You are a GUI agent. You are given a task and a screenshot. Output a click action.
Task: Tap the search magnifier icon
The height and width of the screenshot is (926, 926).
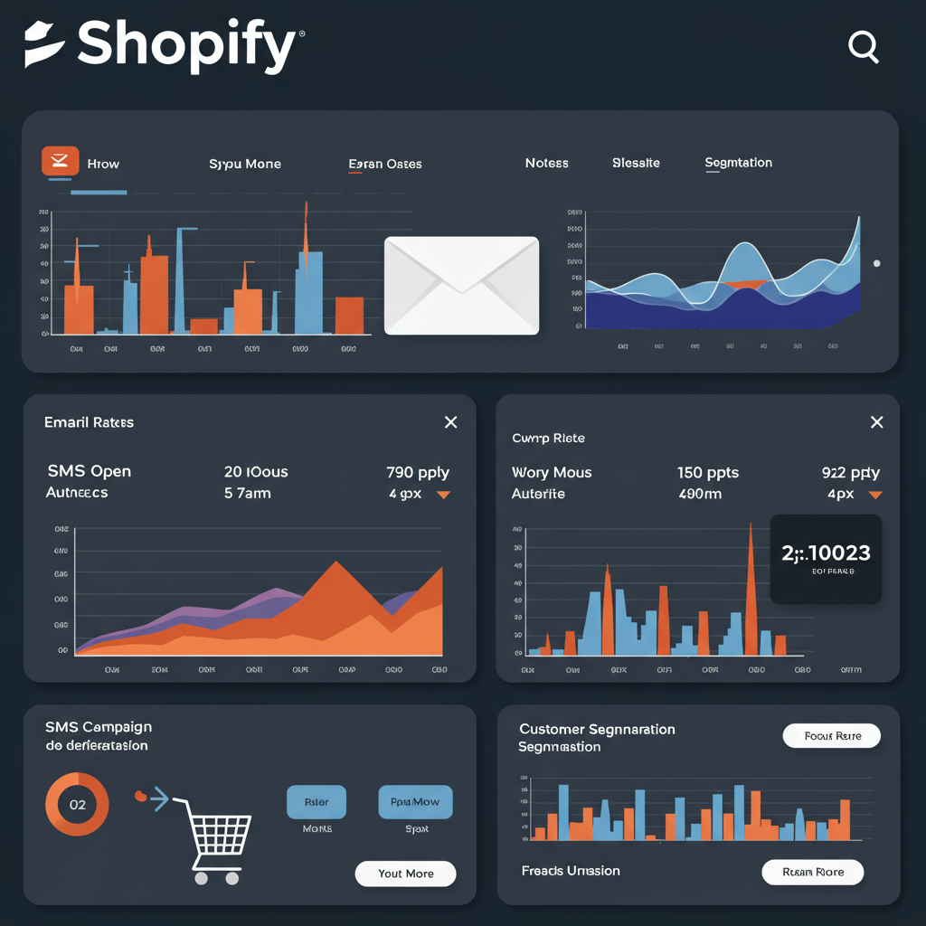[x=864, y=47]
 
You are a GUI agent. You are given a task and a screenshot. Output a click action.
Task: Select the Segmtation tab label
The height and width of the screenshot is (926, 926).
[x=738, y=164]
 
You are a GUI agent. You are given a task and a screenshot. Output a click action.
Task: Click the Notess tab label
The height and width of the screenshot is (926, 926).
[x=546, y=164]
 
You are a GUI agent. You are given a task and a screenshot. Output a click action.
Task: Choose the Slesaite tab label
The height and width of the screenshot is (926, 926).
[x=636, y=164]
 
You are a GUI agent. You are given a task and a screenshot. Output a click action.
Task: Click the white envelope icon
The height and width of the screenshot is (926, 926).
[x=461, y=285]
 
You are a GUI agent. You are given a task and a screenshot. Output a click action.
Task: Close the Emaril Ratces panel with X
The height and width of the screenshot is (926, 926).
[x=450, y=422]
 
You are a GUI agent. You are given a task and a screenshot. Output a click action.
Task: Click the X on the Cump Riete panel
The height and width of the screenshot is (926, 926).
[x=875, y=422]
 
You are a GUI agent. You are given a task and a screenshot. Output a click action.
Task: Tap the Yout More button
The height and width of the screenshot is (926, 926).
[x=405, y=874]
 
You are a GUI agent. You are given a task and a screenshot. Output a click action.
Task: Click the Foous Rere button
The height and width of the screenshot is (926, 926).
[x=831, y=736]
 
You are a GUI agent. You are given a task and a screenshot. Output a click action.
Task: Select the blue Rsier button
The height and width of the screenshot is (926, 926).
[x=316, y=802]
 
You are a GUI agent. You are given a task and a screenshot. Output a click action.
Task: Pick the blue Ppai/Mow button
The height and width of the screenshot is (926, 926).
[x=415, y=802]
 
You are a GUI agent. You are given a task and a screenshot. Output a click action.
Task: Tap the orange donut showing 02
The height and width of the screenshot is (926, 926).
[x=77, y=805]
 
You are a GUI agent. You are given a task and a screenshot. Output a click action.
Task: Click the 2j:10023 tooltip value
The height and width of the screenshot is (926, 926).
[x=825, y=553]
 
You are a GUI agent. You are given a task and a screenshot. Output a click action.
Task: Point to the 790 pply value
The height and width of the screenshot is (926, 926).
[x=417, y=472]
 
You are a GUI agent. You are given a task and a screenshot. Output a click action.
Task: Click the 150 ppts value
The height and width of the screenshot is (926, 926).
[x=707, y=473]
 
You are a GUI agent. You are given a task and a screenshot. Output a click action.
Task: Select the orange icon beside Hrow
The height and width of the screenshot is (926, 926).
[x=61, y=161]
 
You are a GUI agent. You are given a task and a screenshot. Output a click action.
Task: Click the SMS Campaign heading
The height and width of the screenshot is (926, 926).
[x=99, y=727]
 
